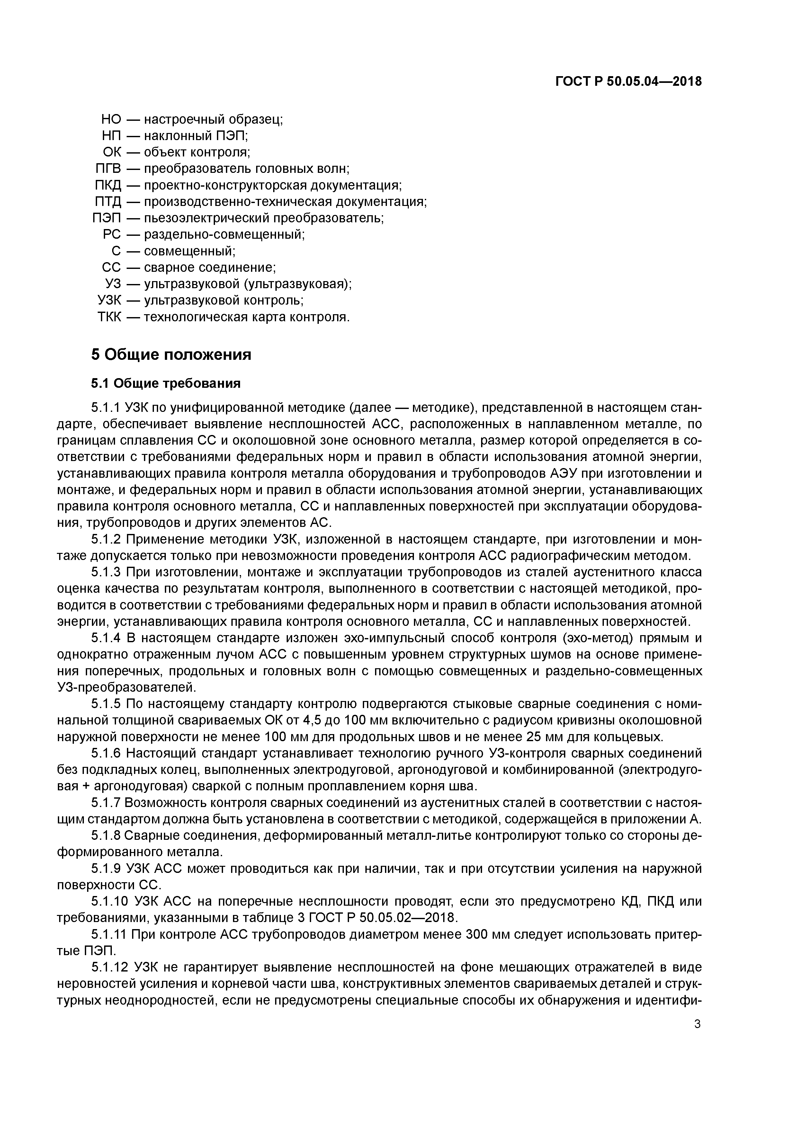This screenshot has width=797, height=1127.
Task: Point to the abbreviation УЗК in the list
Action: pyautogui.click(x=109, y=300)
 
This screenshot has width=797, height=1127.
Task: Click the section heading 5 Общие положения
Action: pyautogui.click(x=171, y=354)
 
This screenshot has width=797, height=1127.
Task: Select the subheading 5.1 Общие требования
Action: pyautogui.click(x=166, y=383)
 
